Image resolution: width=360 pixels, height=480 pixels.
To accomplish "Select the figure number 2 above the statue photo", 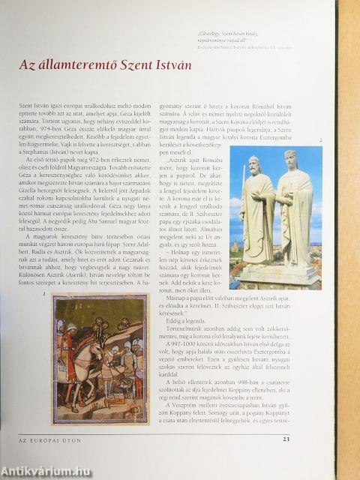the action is click(320, 140).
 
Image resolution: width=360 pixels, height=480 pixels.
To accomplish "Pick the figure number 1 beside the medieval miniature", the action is click(45, 295).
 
